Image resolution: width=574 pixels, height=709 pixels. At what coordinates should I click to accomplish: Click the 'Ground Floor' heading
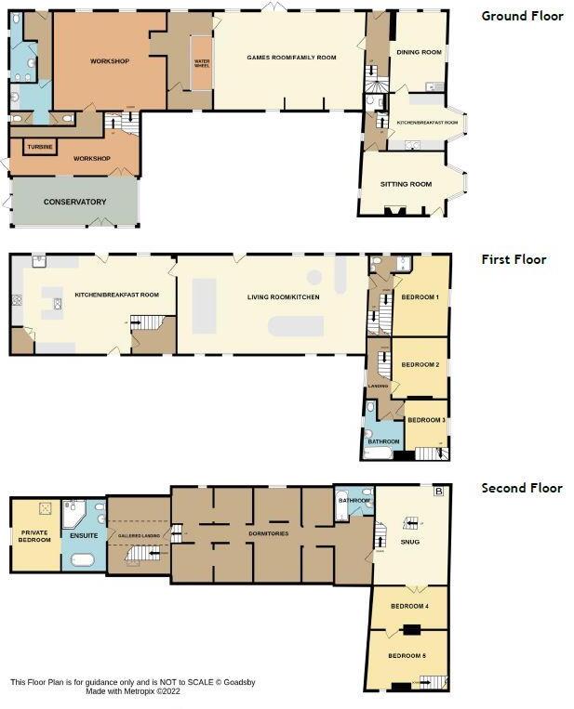[522, 16]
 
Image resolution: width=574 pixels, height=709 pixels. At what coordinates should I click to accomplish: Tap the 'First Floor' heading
[514, 259]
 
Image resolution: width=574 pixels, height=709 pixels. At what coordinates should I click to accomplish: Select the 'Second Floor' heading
[521, 488]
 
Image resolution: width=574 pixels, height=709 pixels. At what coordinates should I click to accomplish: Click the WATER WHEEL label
[202, 64]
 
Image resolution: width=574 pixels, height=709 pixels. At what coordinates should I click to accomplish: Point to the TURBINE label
[39, 147]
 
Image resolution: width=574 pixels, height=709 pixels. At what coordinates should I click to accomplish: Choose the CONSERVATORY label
[74, 202]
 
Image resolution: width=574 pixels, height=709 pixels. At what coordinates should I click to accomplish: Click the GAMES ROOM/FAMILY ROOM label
[291, 58]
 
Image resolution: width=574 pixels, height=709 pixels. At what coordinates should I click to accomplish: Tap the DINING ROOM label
[419, 52]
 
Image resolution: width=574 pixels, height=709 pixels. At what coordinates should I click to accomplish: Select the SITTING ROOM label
[406, 184]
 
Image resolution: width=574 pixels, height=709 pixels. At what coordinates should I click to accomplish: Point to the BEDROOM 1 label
[420, 297]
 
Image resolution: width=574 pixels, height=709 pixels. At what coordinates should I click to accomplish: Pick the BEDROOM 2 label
[420, 365]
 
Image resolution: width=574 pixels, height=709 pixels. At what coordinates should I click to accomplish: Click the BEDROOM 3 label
[426, 420]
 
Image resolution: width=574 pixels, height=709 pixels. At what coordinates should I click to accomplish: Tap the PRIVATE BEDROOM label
[34, 536]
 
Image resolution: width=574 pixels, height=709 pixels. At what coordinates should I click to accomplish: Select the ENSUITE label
[83, 535]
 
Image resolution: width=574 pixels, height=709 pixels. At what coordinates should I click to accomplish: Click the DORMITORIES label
[267, 533]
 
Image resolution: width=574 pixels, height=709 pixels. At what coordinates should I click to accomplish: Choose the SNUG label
[409, 540]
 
